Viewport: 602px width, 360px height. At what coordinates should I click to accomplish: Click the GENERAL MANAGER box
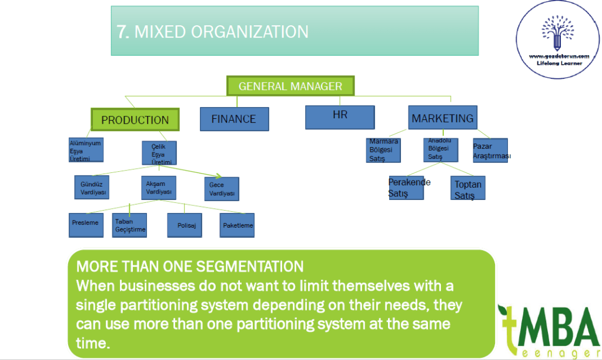pyautogui.click(x=290, y=86)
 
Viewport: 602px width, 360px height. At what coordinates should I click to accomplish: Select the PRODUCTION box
pyautogui.click(x=135, y=119)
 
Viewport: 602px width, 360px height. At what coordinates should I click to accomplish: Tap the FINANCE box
pyautogui.click(x=234, y=119)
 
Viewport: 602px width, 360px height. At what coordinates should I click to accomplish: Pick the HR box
pyautogui.click(x=340, y=116)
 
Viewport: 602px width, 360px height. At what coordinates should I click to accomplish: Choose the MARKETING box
pyautogui.click(x=443, y=118)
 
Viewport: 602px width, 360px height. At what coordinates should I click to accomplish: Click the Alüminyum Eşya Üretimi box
pyautogui.click(x=86, y=149)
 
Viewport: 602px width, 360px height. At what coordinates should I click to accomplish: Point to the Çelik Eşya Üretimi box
pyautogui.click(x=159, y=153)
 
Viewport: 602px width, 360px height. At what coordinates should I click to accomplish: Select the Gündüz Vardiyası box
pyautogui.click(x=91, y=187)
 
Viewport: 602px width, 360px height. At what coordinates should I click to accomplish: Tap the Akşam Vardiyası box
pyautogui.click(x=159, y=188)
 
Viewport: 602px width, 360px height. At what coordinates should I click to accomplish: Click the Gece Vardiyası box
pyautogui.click(x=222, y=189)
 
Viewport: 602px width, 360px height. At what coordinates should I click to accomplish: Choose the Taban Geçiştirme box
pyautogui.click(x=129, y=225)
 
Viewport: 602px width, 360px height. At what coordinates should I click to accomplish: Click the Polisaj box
pyautogui.click(x=186, y=225)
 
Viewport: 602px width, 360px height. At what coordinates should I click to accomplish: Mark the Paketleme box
pyautogui.click(x=237, y=225)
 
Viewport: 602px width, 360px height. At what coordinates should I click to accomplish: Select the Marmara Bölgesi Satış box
pyautogui.click(x=383, y=150)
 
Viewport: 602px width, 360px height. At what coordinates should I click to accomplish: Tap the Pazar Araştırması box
pyautogui.click(x=490, y=150)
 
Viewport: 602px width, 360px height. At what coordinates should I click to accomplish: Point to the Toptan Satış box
pyautogui.click(x=468, y=188)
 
